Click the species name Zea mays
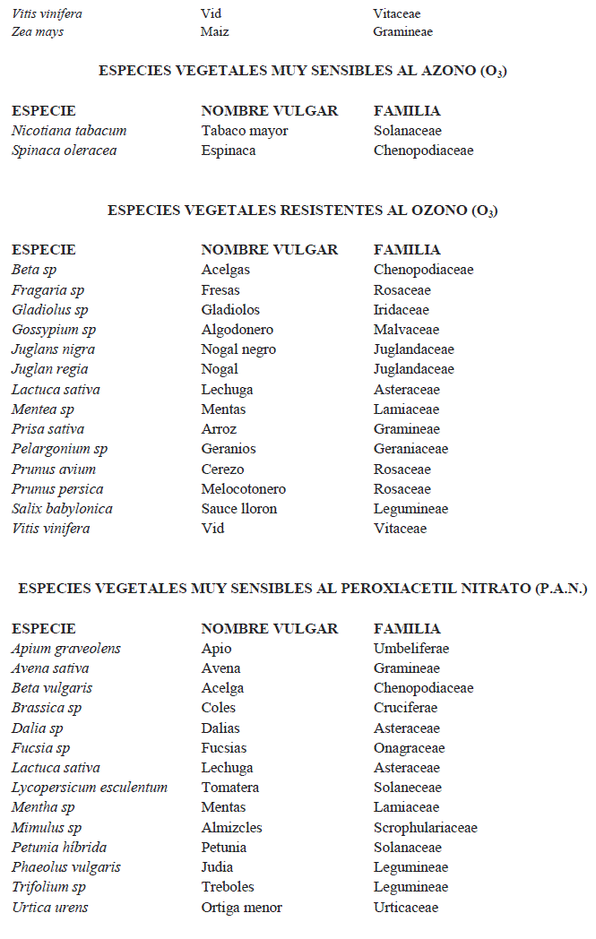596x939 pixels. [38, 32]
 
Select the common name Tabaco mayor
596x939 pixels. [245, 131]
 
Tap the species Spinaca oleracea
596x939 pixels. [64, 151]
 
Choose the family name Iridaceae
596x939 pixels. [402, 310]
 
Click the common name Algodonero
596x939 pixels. [238, 330]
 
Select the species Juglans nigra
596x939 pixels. [53, 349]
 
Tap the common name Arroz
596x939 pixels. [219, 429]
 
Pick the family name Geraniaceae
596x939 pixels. [410, 449]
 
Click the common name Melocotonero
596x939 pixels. [244, 489]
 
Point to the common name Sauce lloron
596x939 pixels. [239, 509]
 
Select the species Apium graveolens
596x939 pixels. [66, 649]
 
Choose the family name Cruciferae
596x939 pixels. [406, 708]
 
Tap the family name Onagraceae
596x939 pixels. [409, 748]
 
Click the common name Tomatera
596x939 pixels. [230, 788]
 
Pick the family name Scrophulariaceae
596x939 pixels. [426, 828]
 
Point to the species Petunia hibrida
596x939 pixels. [59, 848]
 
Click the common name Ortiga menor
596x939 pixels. [242, 908]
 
